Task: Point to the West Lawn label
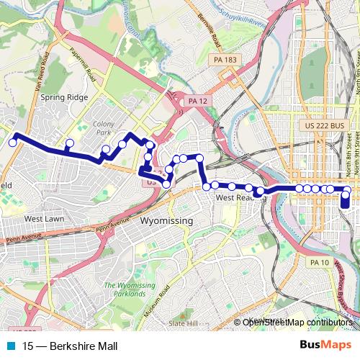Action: click(x=45, y=218)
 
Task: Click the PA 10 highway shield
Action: click(x=319, y=263)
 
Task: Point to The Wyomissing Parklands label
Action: click(x=130, y=289)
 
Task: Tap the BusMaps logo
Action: click(x=325, y=346)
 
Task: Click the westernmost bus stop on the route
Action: click(x=12, y=143)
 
